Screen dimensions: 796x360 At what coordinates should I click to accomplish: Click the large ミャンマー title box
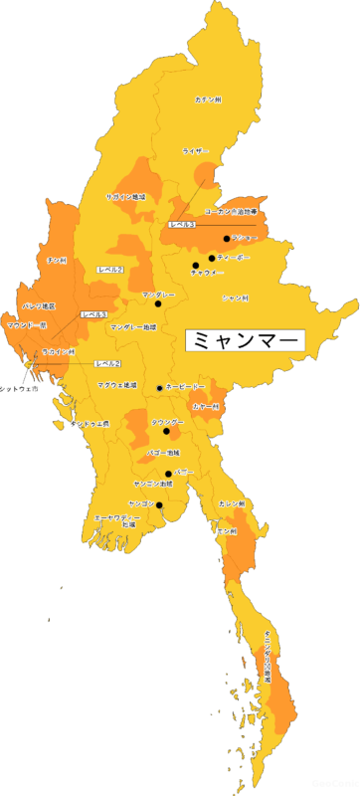[245, 339]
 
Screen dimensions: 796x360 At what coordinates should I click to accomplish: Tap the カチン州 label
[209, 100]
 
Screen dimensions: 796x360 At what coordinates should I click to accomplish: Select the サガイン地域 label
[125, 197]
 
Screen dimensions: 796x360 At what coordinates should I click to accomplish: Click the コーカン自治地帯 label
[231, 212]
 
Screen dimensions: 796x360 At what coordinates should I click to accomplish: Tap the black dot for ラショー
[227, 239]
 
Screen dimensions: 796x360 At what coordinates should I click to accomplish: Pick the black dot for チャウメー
[196, 267]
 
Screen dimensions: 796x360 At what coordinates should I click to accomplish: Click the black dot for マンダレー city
[157, 304]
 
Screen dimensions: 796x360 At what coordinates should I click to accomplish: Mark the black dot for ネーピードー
[159, 387]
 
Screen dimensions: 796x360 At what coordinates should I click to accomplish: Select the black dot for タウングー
[167, 433]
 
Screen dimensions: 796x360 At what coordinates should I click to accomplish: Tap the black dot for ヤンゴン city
[159, 505]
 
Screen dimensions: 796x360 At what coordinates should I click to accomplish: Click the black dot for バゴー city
[168, 473]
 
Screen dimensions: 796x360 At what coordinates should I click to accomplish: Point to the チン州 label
[57, 260]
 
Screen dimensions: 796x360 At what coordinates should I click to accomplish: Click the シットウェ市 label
[19, 389]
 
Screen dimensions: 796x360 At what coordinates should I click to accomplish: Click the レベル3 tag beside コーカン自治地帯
[182, 226]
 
